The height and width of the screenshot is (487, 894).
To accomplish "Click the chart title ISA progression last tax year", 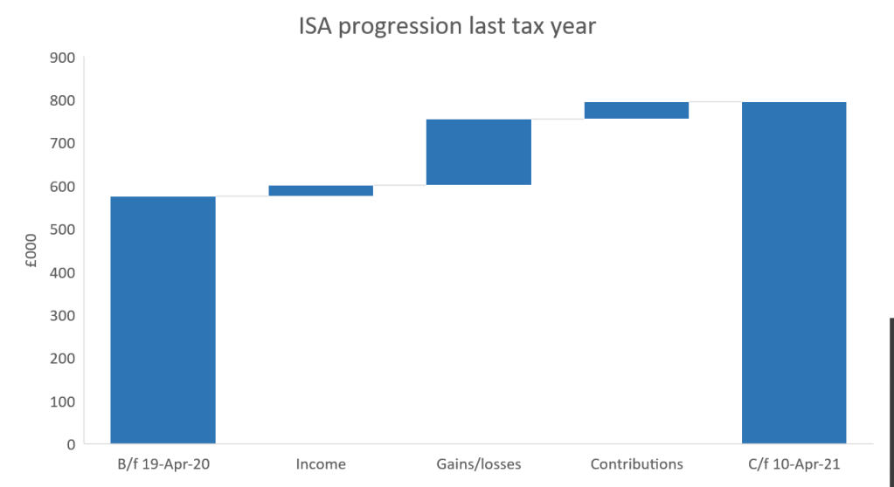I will tap(447, 26).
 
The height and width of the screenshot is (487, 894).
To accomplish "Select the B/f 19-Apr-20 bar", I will tap(163, 319).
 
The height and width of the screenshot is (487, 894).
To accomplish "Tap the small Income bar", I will tap(321, 190).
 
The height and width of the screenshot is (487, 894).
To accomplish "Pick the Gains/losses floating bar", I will tap(478, 152).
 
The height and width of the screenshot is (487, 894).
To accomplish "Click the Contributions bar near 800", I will tap(636, 110).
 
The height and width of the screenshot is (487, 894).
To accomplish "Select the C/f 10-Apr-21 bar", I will tap(794, 272).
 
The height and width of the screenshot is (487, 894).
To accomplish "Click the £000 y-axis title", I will tap(31, 251).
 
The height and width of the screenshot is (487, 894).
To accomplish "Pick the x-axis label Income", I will tap(321, 464).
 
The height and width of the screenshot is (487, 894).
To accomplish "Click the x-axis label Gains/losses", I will tap(478, 464).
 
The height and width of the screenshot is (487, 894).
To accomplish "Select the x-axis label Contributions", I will tap(636, 464).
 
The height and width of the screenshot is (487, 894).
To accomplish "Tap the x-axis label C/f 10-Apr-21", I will tap(794, 464).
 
